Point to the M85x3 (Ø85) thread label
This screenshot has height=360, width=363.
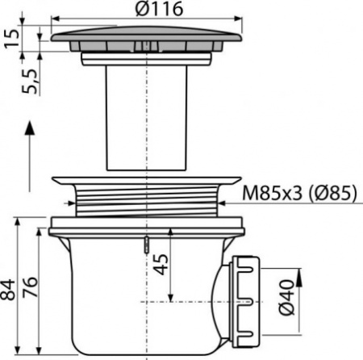pos(300,194)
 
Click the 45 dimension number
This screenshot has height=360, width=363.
pos(162,265)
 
